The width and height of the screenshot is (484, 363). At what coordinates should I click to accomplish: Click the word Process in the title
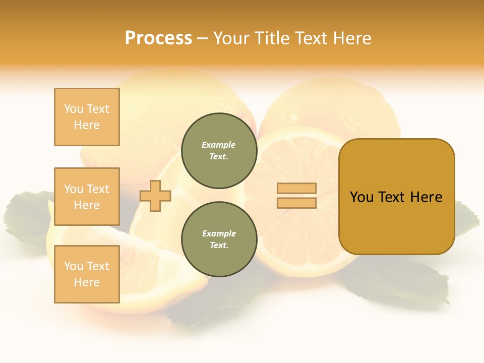tap(158, 38)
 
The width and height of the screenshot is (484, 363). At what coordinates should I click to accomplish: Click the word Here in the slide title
tap(350, 38)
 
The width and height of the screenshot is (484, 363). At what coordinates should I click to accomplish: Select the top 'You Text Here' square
tap(87, 117)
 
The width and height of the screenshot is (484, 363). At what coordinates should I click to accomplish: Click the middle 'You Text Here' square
tap(87, 197)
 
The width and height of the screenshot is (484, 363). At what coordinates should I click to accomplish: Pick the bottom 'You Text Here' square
tap(87, 274)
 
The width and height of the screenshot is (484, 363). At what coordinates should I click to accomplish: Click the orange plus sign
tap(155, 196)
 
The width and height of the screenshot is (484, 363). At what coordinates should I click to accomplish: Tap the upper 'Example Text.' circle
tap(219, 151)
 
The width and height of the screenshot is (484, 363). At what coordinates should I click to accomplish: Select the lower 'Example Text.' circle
tap(219, 239)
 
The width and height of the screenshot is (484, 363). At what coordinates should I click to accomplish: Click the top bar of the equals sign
tap(296, 188)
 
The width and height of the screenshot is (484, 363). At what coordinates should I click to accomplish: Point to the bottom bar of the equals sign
tap(296, 203)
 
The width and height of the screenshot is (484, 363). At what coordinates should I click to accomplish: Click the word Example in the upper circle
tap(219, 145)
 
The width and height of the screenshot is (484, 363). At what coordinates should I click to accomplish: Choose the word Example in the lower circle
tap(219, 233)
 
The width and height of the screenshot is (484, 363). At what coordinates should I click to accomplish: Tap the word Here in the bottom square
tap(87, 282)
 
